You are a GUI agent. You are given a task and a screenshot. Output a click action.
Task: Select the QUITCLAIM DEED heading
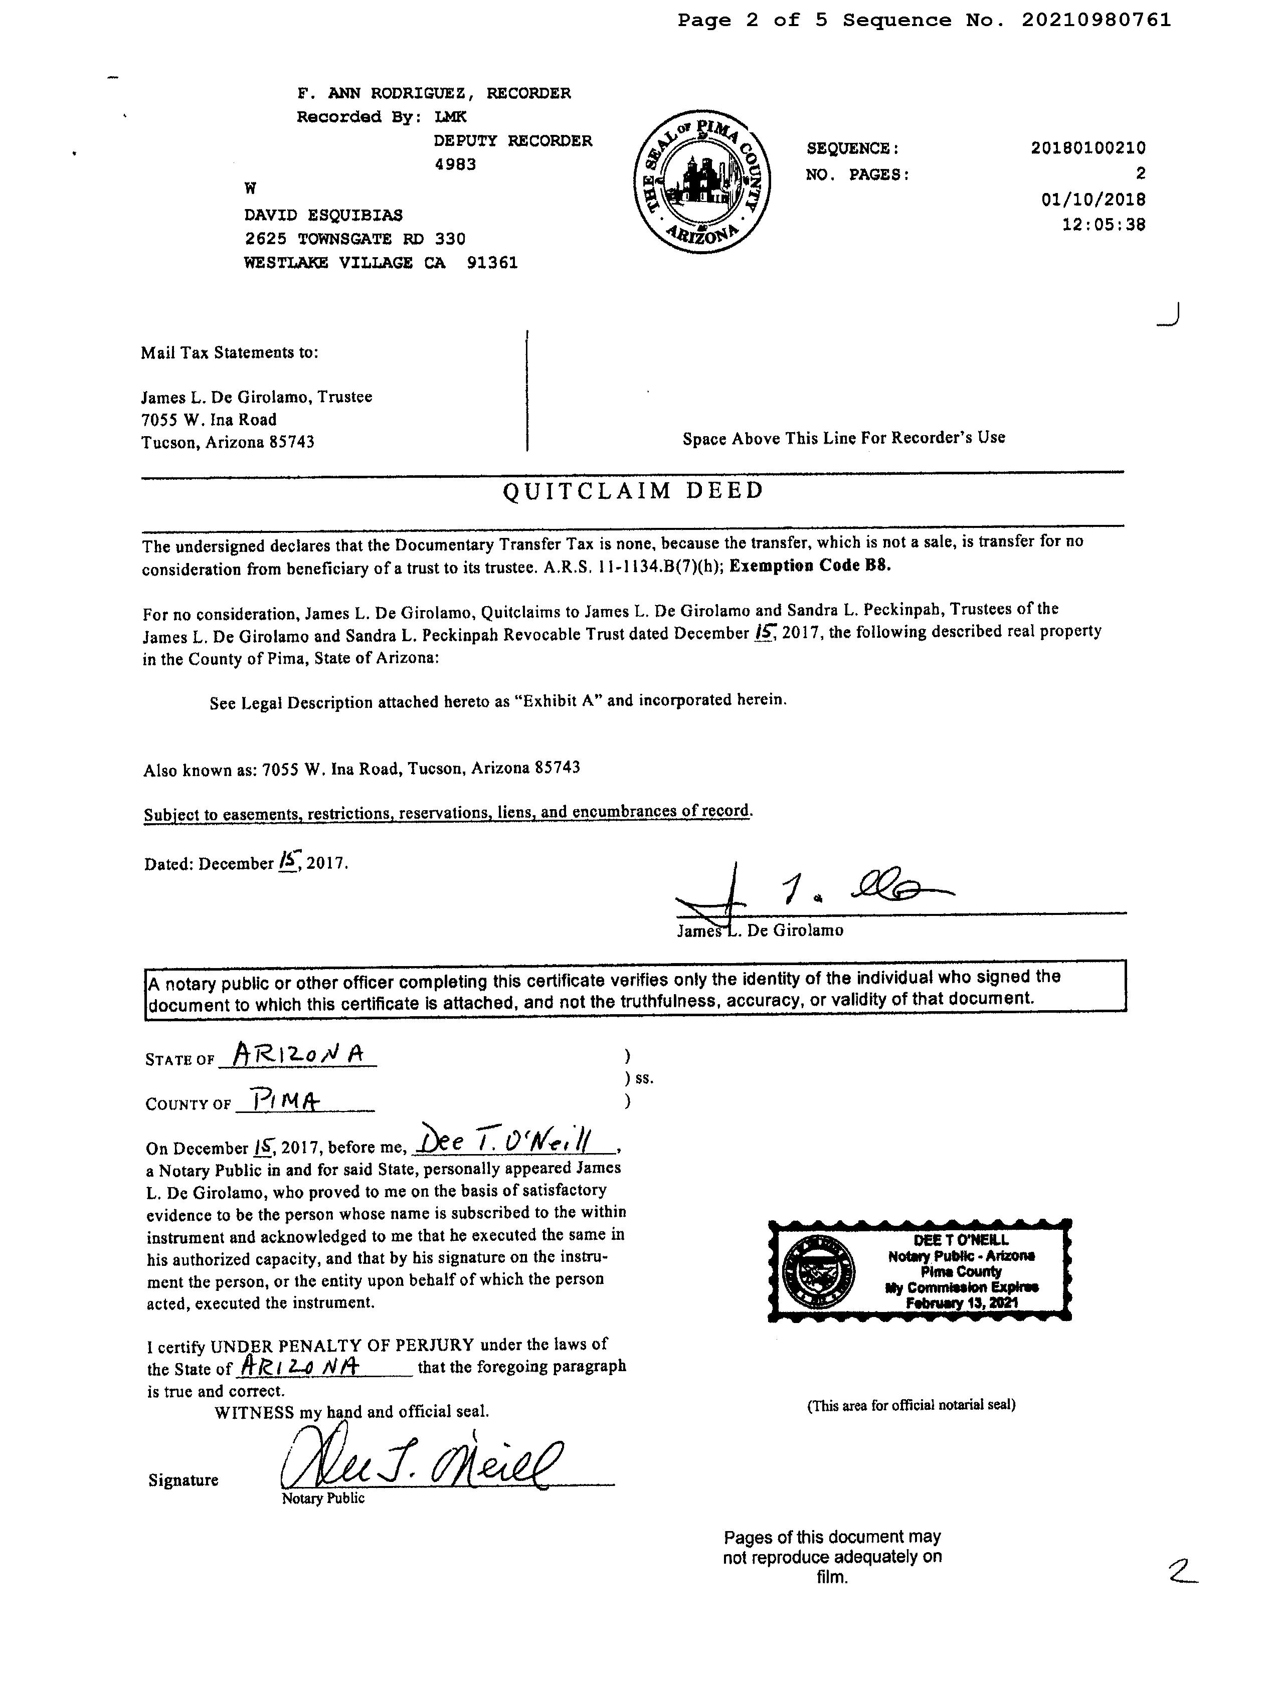[633, 491]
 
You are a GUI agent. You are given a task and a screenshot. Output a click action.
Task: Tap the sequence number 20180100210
[1087, 148]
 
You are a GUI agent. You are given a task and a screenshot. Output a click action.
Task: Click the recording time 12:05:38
[1103, 225]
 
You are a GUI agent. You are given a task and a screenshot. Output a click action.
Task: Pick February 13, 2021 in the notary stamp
[962, 1303]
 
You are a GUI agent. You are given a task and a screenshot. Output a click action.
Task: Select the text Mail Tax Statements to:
[229, 353]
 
